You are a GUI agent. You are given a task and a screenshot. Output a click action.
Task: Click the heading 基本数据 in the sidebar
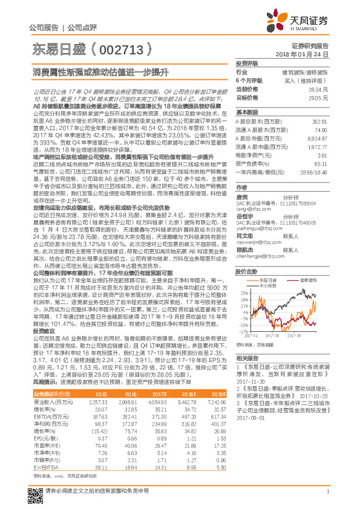point(246,112)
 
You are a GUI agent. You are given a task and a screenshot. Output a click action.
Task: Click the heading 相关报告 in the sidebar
point(246,357)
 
